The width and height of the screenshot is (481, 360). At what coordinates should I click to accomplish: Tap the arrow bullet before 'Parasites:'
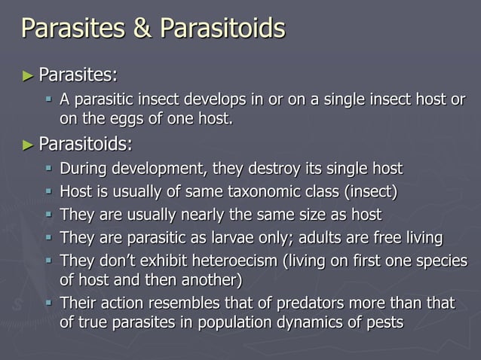pyautogui.click(x=28, y=75)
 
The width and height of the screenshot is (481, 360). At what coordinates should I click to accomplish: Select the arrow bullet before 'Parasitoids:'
pyautogui.click(x=28, y=143)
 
